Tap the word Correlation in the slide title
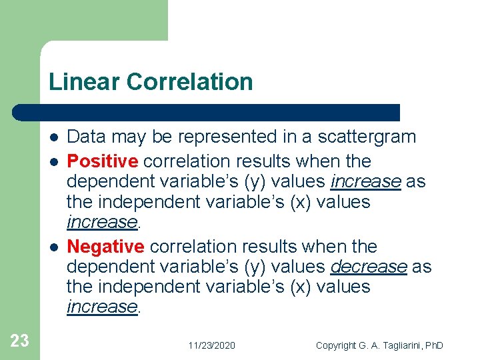click(190, 82)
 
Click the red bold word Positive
click(103, 161)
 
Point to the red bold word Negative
click(105, 247)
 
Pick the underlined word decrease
click(369, 267)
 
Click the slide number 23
click(20, 341)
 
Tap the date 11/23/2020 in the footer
click(211, 345)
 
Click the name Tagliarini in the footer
click(399, 345)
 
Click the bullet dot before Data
click(53, 138)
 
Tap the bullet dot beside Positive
click(53, 162)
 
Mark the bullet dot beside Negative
click(53, 247)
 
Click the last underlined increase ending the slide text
click(101, 307)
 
